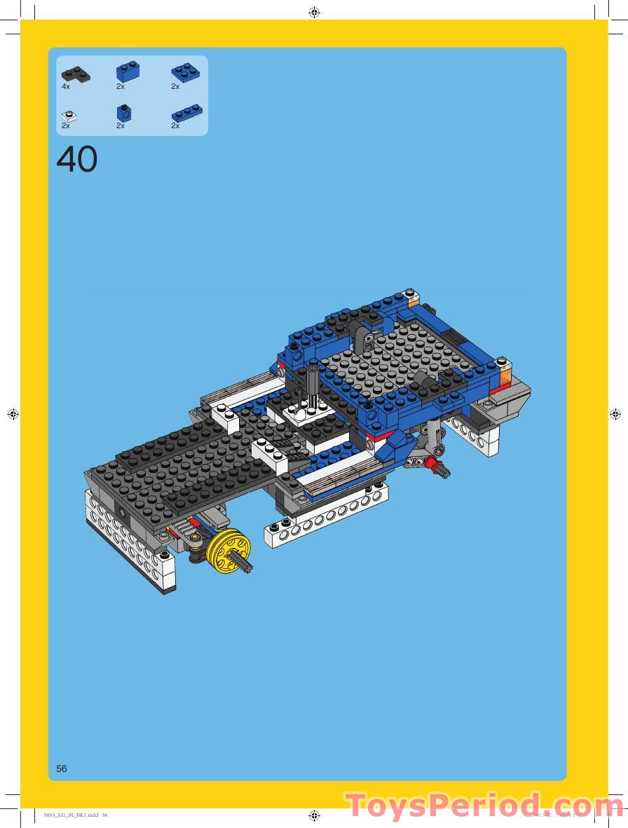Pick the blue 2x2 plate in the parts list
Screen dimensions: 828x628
186,71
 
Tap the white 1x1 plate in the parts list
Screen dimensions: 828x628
69,115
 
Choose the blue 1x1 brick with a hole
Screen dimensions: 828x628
125,112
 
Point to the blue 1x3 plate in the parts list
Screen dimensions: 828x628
187,113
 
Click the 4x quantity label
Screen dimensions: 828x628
66,87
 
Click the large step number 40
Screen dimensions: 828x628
77,160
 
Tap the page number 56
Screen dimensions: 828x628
62,768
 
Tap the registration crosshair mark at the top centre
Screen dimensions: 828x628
314,12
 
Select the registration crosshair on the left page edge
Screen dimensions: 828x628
13,415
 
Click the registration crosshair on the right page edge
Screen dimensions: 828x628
615,415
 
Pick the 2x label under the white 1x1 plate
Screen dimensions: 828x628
66,126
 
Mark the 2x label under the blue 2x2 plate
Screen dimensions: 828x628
175,87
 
